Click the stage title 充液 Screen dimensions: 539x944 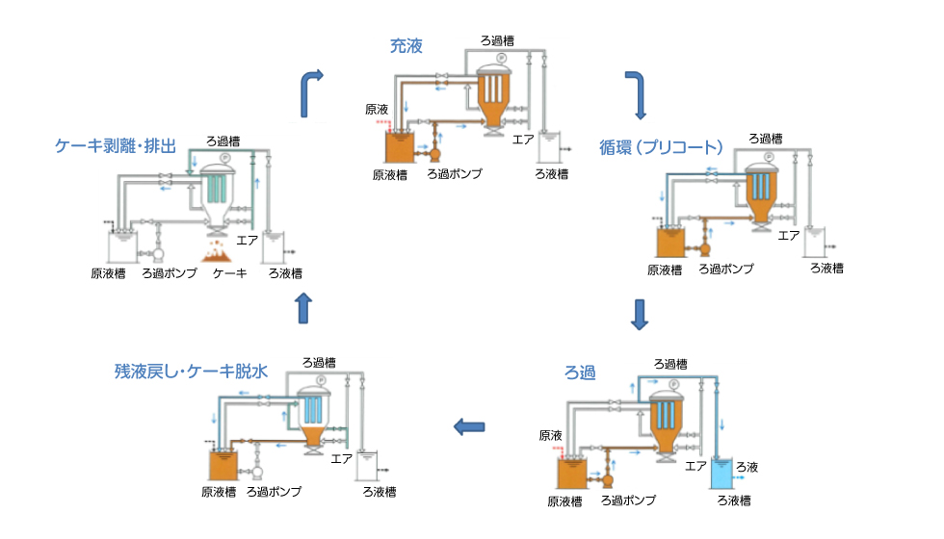click(406, 45)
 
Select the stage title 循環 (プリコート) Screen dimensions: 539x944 click(660, 147)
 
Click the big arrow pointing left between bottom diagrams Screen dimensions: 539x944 click(469, 426)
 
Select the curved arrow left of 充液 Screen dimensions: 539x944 click(313, 90)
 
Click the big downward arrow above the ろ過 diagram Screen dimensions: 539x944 click(638, 314)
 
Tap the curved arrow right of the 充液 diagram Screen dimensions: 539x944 click(634, 88)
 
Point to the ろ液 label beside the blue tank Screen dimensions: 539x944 click(747, 467)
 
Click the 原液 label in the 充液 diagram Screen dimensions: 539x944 click(377, 109)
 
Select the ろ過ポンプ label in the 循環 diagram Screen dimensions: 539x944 click(725, 269)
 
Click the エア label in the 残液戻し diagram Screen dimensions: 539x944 click(341, 458)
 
